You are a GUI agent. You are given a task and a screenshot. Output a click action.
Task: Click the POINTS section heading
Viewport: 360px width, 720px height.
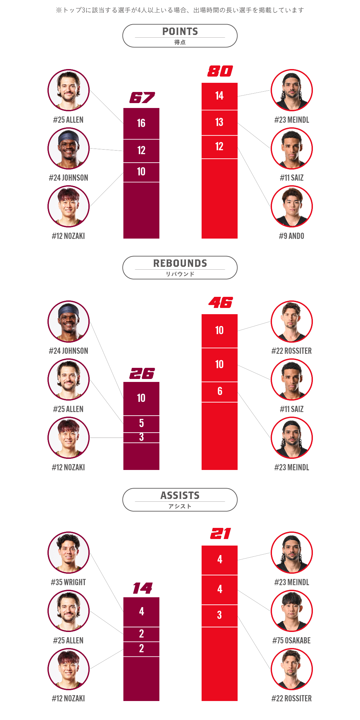coord(180,31)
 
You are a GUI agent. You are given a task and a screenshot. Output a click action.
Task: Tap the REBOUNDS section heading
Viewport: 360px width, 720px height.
coord(180,263)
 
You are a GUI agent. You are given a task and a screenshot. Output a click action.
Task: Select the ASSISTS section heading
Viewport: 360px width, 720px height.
coord(180,495)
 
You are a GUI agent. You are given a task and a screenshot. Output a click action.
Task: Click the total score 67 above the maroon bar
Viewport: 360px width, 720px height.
coord(142,98)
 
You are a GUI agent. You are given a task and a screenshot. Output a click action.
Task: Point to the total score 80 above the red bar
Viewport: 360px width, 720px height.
coord(220,71)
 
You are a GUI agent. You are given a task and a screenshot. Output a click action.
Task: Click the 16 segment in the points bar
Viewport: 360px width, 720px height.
coord(141,123)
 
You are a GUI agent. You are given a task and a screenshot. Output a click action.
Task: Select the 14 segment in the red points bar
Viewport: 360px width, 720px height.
coord(220,96)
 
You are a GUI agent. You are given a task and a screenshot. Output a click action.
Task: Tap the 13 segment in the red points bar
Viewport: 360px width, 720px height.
coord(220,123)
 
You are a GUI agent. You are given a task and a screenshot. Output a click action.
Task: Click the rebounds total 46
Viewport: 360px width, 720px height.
coord(221,303)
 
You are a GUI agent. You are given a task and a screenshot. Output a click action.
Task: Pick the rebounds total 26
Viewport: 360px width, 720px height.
coord(142,373)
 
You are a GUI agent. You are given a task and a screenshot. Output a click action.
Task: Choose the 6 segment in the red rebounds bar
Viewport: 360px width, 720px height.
coord(220,392)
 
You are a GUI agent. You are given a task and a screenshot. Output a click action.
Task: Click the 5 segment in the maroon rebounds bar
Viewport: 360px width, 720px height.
coord(141,424)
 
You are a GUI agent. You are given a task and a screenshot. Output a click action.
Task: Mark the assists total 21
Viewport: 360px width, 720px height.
coord(221,534)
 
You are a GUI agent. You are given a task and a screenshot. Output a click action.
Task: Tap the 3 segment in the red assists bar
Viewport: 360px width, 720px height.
coord(220,616)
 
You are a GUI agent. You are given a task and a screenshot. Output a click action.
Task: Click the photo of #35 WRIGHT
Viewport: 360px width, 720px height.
coord(68,552)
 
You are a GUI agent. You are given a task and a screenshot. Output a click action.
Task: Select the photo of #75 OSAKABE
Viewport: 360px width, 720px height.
coord(292,611)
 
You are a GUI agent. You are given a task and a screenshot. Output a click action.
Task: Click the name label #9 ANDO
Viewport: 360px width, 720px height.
coord(292,236)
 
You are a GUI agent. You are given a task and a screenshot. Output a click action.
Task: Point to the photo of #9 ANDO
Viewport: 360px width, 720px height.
coord(292,207)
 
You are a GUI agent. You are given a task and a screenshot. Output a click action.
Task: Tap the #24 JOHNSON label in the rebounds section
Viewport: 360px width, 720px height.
coord(68,351)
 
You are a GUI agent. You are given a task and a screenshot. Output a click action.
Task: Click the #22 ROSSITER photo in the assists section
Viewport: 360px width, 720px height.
coord(292,669)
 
